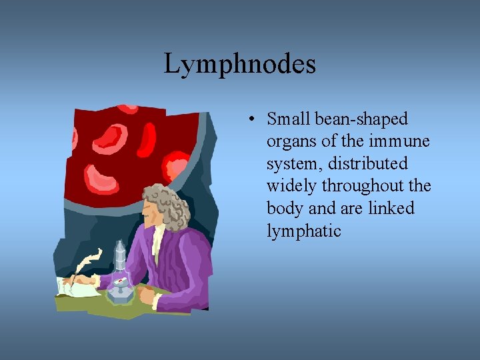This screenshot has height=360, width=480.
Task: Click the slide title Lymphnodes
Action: tap(239, 65)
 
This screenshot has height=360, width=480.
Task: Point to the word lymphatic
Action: tap(303, 231)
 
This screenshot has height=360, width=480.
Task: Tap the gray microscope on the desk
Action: tap(120, 273)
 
